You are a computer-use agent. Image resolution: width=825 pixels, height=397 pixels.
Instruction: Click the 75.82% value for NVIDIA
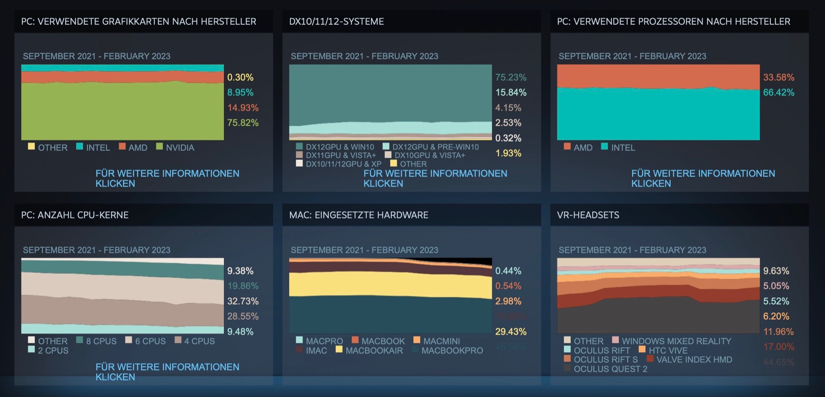tap(243, 123)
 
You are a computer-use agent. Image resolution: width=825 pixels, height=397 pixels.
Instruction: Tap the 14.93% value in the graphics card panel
tap(243, 108)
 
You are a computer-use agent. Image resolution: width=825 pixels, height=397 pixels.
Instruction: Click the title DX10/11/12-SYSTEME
tap(336, 21)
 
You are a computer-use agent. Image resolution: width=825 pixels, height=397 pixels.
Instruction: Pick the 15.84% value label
tap(510, 92)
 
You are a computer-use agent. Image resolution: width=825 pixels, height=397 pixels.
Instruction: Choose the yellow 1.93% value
tap(508, 153)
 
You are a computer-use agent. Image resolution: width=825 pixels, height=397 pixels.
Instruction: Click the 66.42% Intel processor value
tap(778, 92)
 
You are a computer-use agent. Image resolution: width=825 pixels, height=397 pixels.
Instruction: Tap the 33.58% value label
tap(778, 77)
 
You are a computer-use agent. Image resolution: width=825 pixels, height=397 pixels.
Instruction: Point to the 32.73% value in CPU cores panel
tap(243, 301)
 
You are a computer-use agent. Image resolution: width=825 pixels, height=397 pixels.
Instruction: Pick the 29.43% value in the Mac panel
tap(510, 332)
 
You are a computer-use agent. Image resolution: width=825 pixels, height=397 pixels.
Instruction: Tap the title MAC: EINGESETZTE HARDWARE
tap(358, 215)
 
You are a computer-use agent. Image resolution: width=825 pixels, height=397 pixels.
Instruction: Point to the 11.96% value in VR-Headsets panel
tap(778, 332)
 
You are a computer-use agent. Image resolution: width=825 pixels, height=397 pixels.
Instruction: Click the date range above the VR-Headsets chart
tap(632, 250)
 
